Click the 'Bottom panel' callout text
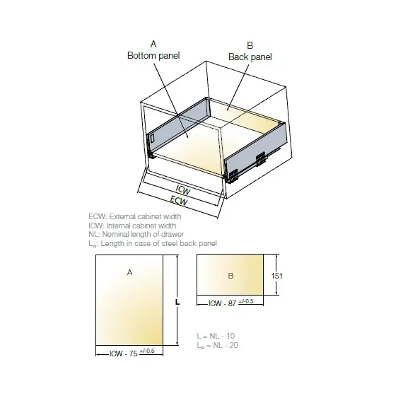click(x=153, y=56)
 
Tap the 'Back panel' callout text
click(x=250, y=57)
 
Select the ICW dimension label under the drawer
click(x=183, y=189)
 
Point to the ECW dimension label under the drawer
click(x=179, y=201)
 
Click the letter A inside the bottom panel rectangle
click(x=129, y=272)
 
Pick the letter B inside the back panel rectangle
click(x=230, y=276)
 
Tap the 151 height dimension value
click(x=277, y=276)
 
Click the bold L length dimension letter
click(x=177, y=303)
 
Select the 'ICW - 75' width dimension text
click(x=124, y=354)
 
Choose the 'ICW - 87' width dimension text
click(x=222, y=303)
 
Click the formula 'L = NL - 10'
click(x=216, y=336)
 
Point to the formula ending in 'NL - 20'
click(x=218, y=345)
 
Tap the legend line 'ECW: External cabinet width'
click(x=135, y=216)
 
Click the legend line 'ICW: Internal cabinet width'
click(x=132, y=226)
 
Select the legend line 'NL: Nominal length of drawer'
click(x=136, y=235)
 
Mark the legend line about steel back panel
click(x=153, y=244)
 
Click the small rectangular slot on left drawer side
click(x=151, y=139)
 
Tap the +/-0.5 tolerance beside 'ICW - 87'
click(x=246, y=301)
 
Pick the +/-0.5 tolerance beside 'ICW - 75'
click(x=147, y=351)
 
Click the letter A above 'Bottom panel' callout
click(x=153, y=45)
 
